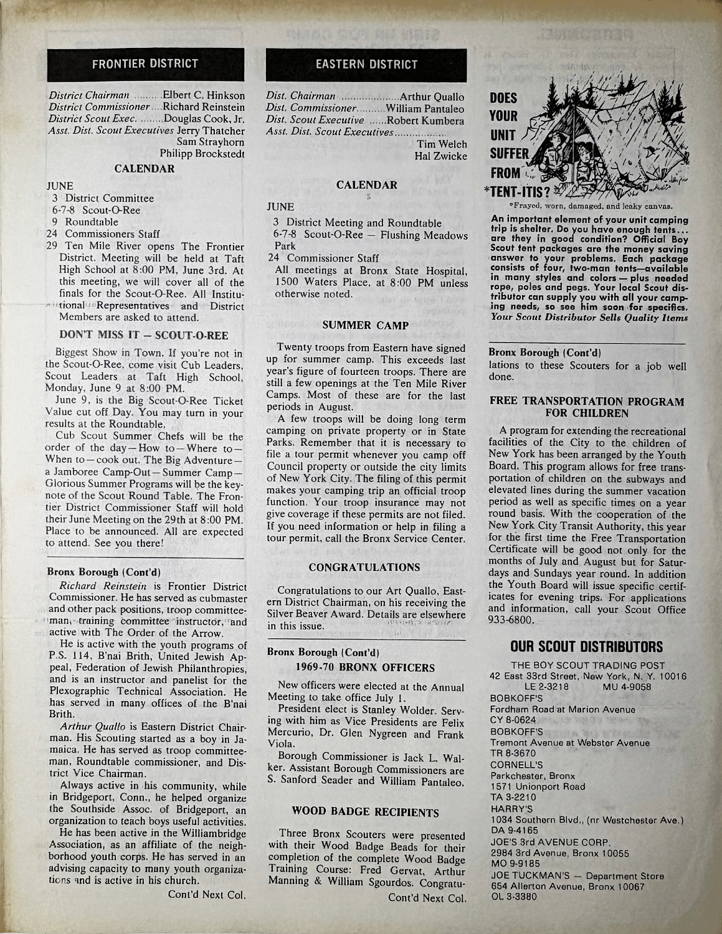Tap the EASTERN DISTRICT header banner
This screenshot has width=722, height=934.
(366, 64)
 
